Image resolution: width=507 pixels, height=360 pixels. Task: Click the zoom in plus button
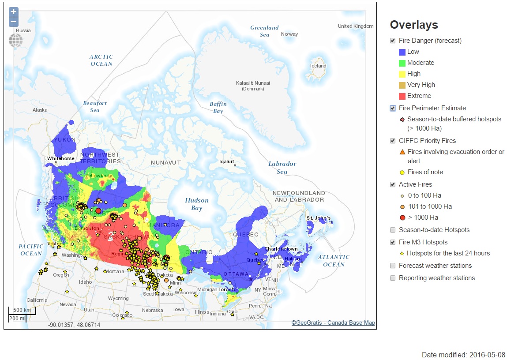[x=14, y=12]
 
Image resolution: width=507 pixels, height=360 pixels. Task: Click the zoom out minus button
[x=14, y=22]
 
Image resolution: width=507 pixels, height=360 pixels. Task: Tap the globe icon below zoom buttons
[x=15, y=41]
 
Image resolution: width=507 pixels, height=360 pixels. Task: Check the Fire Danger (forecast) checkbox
[x=393, y=41]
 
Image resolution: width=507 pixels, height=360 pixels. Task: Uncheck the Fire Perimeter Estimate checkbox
[x=393, y=108]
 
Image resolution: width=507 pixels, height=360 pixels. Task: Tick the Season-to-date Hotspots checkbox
[x=393, y=230]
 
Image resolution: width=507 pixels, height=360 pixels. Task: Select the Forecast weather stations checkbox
[x=393, y=266]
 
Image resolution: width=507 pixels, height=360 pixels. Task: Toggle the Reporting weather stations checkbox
[x=393, y=278]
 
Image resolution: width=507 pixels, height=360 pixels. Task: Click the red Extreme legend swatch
[x=402, y=96]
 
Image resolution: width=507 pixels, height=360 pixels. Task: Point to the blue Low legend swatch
[x=402, y=52]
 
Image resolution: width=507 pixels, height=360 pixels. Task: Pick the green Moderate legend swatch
[x=402, y=63]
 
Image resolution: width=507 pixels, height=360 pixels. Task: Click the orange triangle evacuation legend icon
[x=402, y=152]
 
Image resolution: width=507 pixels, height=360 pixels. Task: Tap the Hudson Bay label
[x=196, y=204]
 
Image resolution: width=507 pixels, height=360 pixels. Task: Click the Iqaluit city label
[x=227, y=161]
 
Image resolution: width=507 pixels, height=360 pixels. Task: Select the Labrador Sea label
[x=282, y=168]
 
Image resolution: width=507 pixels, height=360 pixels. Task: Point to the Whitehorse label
[x=60, y=158]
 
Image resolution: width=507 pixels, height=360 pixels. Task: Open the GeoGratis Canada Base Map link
[x=333, y=323]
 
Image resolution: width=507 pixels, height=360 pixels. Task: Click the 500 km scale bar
[x=22, y=310]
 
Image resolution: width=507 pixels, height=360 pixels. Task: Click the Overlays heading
[x=413, y=25]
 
